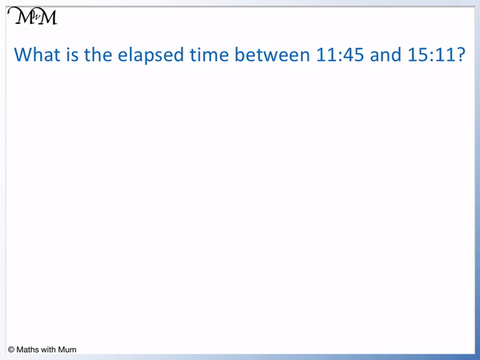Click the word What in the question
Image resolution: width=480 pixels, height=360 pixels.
coord(41,55)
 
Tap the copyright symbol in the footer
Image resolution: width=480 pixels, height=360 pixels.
coord(11,350)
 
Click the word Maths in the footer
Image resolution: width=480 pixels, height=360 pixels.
coord(29,350)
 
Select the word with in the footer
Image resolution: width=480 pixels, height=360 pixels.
coord(52,350)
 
